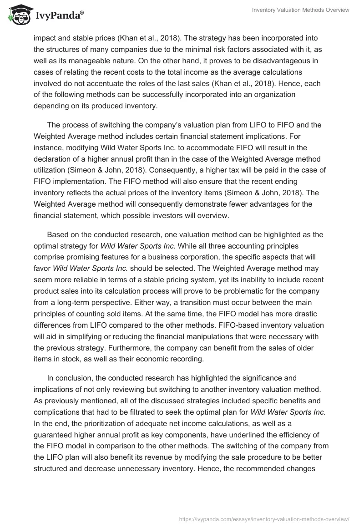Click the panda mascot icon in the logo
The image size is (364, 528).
18,15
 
